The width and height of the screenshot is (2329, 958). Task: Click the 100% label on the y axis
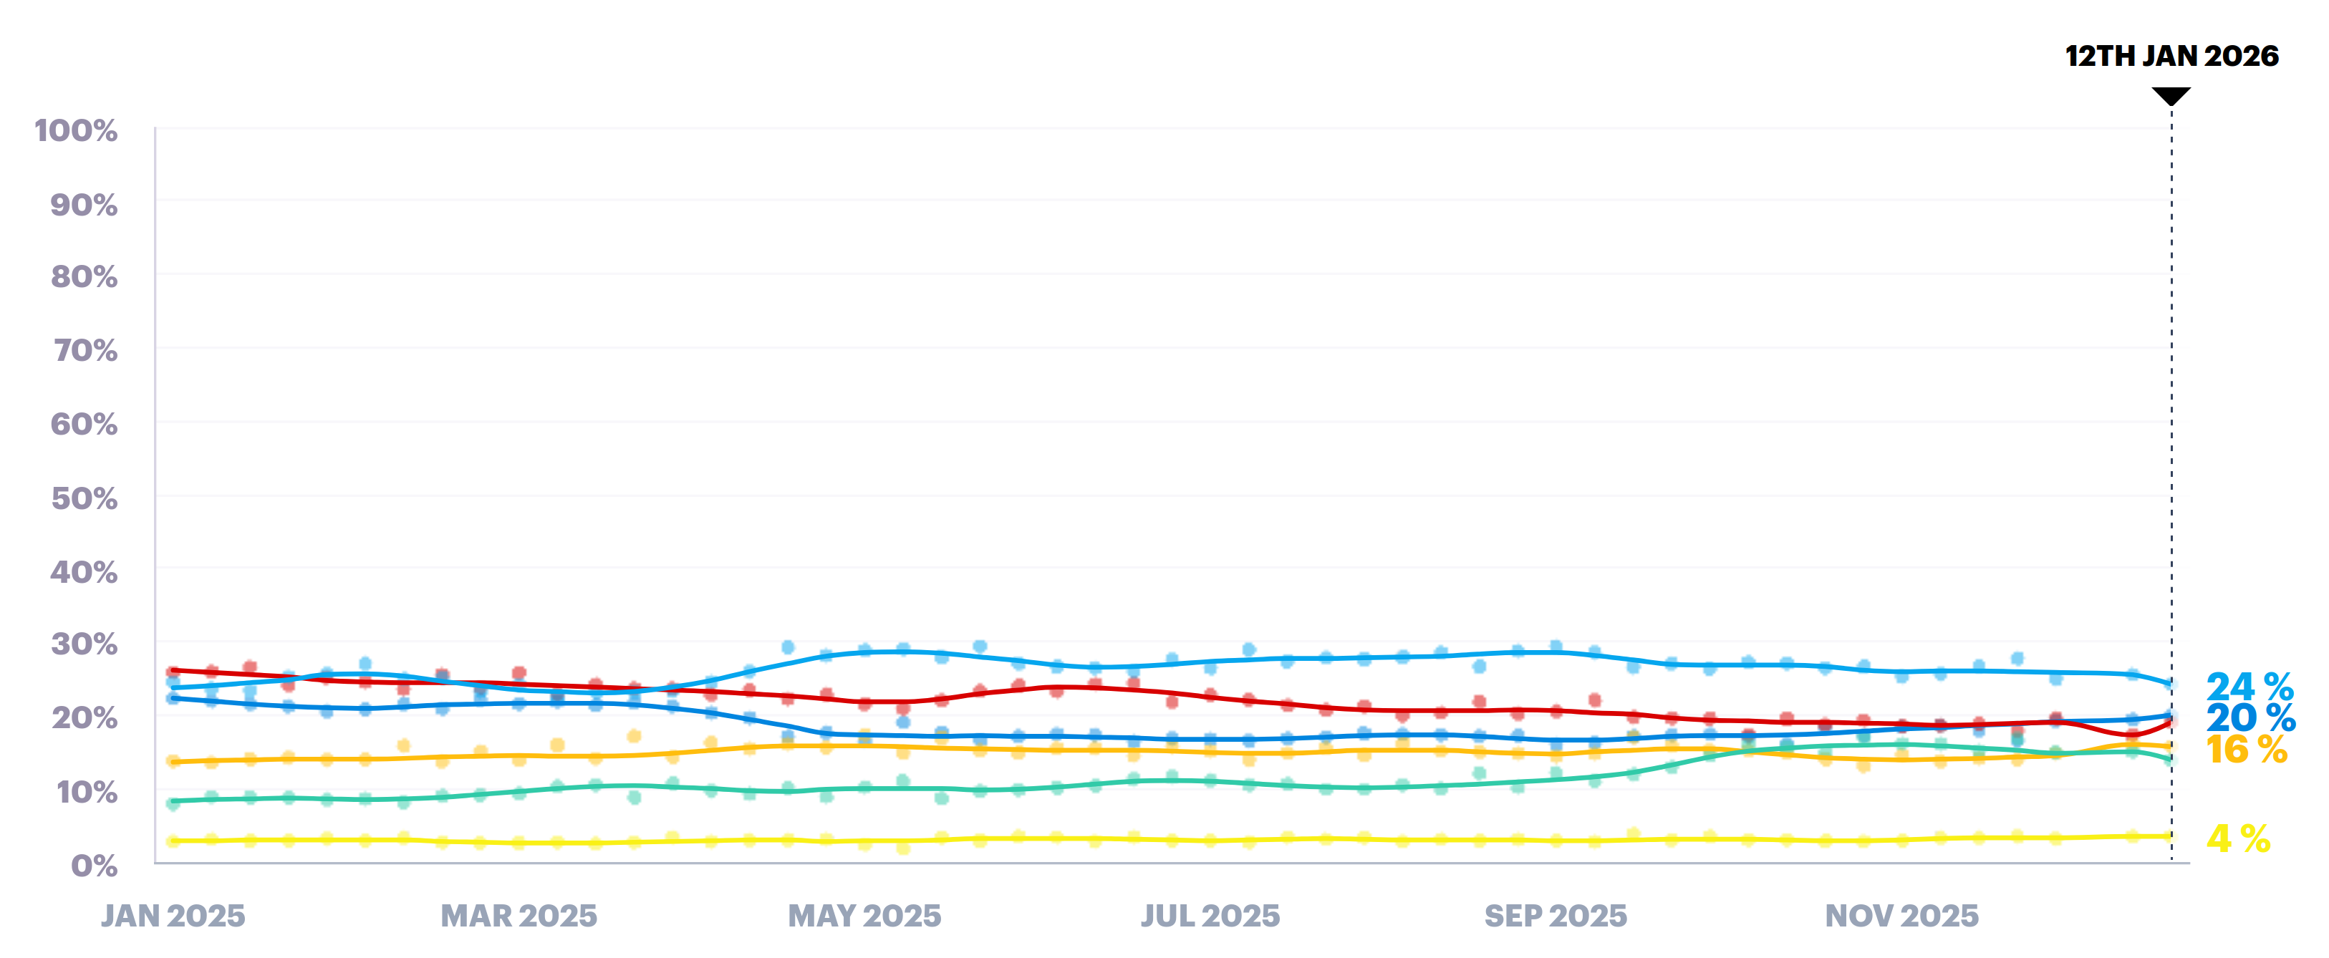76,131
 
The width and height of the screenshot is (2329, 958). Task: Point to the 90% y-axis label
83,205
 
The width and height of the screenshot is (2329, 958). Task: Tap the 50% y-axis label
84,498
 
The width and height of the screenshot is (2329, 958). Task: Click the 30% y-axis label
84,644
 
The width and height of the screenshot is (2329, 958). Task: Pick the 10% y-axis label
87,793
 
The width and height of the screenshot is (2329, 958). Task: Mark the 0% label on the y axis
94,866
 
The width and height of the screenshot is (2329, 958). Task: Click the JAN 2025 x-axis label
173,916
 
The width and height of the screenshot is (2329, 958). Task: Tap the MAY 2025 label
864,916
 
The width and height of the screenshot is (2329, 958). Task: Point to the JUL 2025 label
1210,916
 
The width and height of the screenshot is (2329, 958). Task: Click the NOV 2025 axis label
1901,916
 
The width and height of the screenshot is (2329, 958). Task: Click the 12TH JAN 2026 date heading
2171,56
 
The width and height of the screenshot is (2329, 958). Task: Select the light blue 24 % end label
2249,687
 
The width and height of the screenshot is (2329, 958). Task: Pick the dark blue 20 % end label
2250,719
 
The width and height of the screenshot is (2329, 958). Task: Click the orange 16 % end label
2246,750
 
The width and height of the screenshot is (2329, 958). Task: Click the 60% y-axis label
84,424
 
